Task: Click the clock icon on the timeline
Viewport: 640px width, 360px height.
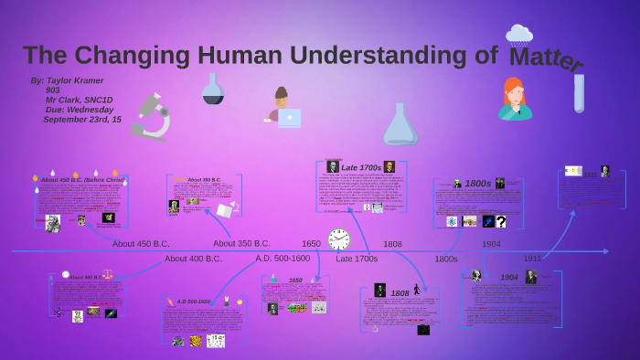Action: [x=338, y=239]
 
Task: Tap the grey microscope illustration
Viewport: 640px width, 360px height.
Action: [x=151, y=117]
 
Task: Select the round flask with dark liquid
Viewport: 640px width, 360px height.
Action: [x=213, y=90]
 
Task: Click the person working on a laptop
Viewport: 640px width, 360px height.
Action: [x=283, y=108]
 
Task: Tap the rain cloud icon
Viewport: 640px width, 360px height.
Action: [x=519, y=36]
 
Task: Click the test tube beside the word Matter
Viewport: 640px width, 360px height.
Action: [x=579, y=93]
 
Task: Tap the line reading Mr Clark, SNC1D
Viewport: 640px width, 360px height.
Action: [x=79, y=100]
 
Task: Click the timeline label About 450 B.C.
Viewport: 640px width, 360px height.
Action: [x=141, y=244]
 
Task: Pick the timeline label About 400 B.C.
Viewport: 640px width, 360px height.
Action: [x=193, y=259]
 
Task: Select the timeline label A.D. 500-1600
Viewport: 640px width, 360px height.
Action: [x=283, y=259]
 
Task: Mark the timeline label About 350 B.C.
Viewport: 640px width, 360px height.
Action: [x=241, y=244]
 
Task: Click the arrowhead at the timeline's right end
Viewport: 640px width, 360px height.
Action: [x=604, y=250]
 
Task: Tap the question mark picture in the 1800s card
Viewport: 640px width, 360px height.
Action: [x=501, y=221]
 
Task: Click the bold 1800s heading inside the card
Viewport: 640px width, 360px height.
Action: [x=477, y=184]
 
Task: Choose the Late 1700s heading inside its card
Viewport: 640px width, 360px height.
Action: [x=361, y=167]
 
